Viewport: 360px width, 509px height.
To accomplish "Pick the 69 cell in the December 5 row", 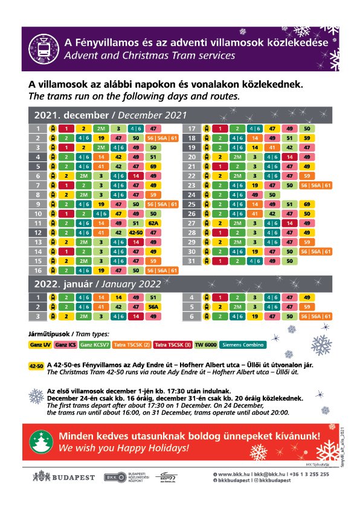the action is [154, 166].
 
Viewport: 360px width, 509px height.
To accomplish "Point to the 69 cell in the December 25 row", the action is [307, 204].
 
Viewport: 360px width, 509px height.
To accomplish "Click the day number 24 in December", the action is [191, 195].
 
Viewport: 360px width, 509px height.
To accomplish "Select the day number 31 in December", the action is [191, 261].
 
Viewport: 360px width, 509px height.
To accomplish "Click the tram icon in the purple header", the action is [43, 47].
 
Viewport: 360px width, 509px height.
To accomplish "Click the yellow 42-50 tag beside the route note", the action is [36, 366].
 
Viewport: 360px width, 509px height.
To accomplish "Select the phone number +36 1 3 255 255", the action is [308, 474].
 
